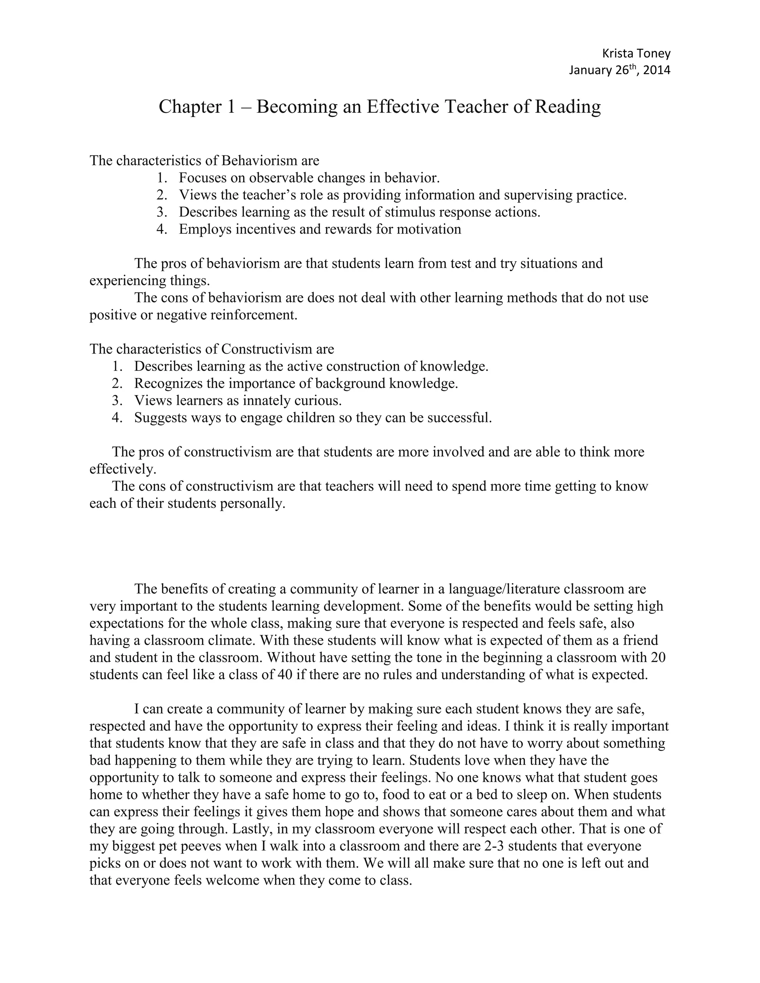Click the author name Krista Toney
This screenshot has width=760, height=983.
636,53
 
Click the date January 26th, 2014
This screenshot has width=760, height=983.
619,70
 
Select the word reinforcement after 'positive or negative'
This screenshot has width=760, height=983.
254,315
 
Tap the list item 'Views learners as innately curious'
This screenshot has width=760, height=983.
238,401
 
